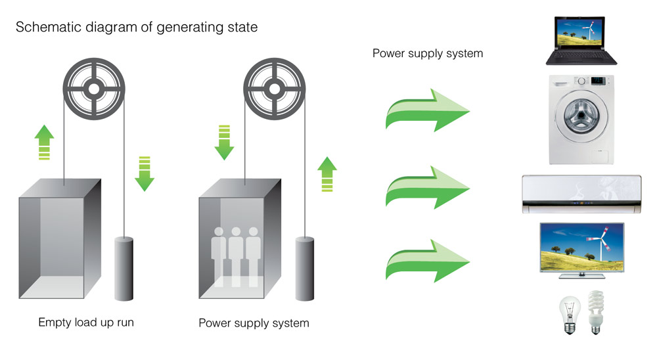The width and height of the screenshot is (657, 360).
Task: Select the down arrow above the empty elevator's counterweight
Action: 144,173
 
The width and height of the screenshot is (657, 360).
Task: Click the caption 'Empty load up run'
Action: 86,323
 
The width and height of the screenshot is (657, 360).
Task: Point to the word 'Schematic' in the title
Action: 44,28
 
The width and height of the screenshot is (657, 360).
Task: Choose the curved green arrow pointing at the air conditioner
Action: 426,187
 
